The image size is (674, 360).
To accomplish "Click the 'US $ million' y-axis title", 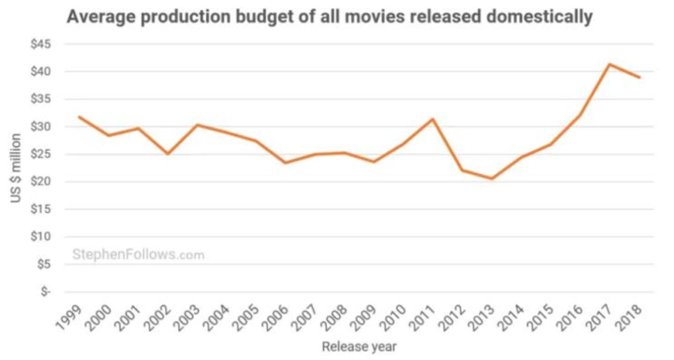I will point(16,168).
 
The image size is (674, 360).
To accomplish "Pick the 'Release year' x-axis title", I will point(359,347).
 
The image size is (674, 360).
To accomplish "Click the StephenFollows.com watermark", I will point(138,255).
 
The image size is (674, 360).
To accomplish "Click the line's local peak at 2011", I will point(433,119).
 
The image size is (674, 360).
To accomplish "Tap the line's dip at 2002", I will point(168,154).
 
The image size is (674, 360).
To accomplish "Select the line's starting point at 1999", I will point(80,117).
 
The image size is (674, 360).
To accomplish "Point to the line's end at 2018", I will point(639,77).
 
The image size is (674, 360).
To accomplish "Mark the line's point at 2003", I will point(197,125).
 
